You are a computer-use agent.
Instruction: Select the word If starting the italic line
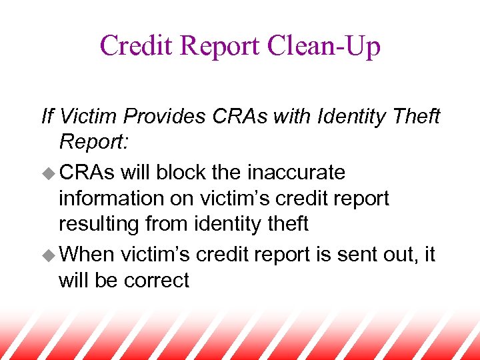47,117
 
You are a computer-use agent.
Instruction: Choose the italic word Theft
415,117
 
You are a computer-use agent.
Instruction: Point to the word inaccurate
296,173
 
